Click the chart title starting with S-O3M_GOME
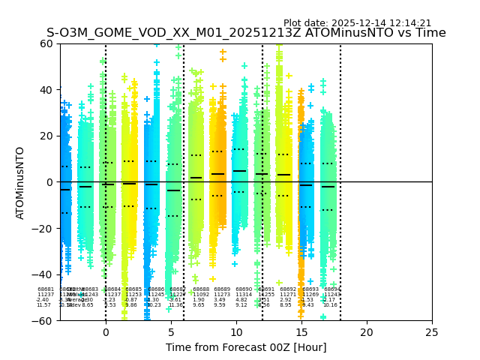point(246,33)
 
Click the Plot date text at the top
point(357,23)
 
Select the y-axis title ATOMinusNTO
point(21,182)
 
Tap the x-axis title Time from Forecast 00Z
point(246,347)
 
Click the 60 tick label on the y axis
point(46,43)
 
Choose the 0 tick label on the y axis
point(50,182)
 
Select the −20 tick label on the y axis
point(43,228)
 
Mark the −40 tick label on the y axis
point(43,274)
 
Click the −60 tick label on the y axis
point(43,320)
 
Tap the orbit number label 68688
point(201,289)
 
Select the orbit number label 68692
point(289,289)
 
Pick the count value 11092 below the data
point(200,295)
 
